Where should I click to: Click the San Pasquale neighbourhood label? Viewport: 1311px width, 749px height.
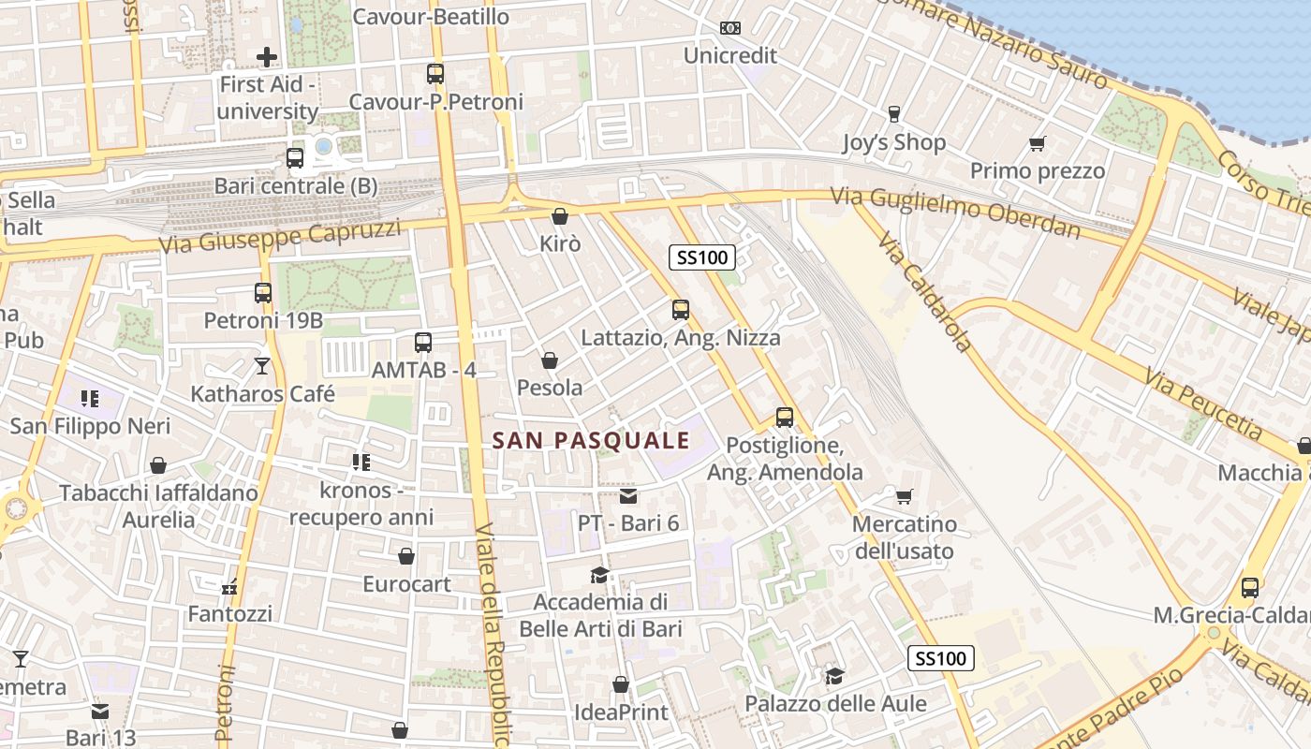pos(591,440)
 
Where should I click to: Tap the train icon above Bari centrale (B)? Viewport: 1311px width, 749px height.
pos(295,158)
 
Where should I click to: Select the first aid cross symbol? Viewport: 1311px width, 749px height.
pos(267,57)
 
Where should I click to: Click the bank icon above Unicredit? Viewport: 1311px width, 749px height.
pos(729,28)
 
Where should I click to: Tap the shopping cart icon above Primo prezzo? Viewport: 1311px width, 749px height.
pos(1037,144)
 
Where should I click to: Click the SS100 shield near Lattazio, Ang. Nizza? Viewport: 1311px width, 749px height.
pos(702,257)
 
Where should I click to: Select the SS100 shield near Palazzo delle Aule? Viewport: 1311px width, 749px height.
pos(941,658)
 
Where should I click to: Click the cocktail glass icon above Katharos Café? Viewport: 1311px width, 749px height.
pos(262,365)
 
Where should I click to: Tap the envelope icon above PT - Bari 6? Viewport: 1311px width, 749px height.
pos(627,495)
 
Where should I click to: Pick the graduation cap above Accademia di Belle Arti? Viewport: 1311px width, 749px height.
pos(599,575)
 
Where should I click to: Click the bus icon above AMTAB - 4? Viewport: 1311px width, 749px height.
pos(423,343)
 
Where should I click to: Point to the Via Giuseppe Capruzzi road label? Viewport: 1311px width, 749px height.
pos(280,237)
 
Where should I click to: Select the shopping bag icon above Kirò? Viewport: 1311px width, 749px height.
pos(560,216)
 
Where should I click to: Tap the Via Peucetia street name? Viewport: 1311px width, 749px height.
pos(1202,402)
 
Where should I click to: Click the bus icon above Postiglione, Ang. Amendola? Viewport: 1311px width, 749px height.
pos(785,418)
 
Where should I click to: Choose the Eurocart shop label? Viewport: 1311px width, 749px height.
pos(406,584)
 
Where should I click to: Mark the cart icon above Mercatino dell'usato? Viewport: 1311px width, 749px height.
pos(904,496)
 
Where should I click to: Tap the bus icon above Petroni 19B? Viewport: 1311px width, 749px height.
pos(263,293)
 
